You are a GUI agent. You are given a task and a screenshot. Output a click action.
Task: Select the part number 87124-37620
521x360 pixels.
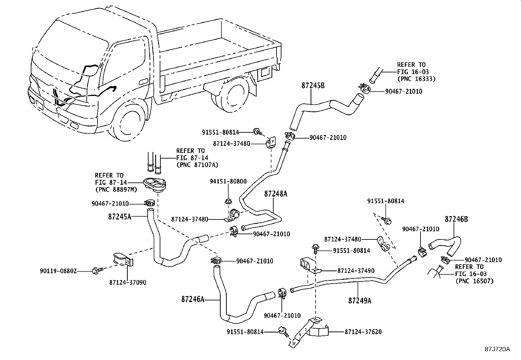click(x=363, y=332)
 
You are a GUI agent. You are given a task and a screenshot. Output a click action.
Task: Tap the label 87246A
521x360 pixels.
click(x=193, y=299)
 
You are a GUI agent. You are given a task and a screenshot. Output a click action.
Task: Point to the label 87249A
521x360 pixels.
click(x=360, y=300)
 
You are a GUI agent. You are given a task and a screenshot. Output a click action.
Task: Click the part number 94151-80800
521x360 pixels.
click(x=228, y=181)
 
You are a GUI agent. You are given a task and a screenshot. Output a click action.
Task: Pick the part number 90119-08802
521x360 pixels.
click(x=58, y=271)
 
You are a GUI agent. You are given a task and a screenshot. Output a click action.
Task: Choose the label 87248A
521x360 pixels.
click(x=276, y=194)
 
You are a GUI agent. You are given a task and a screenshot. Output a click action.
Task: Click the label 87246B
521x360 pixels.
click(x=456, y=219)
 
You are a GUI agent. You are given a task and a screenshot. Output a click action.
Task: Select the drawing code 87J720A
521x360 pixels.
click(x=497, y=349)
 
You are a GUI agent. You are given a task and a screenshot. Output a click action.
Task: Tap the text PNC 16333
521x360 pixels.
click(x=416, y=79)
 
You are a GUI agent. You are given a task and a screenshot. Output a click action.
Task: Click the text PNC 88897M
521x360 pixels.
click(x=116, y=190)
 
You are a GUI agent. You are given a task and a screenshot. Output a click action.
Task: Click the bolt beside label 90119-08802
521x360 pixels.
click(x=97, y=270)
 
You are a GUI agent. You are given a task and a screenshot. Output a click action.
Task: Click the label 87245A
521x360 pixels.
click(x=119, y=217)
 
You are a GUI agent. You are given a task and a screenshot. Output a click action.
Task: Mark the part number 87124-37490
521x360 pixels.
click(x=356, y=271)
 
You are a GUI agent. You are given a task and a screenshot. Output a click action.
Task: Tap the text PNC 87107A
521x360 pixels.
click(x=197, y=165)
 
